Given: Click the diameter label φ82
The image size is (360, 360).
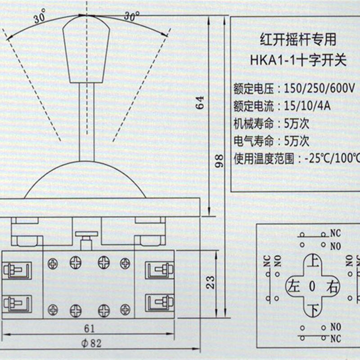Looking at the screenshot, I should [x=92, y=343].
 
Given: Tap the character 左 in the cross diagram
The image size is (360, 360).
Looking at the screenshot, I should [x=294, y=286].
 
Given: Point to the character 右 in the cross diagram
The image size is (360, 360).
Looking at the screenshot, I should [x=333, y=286].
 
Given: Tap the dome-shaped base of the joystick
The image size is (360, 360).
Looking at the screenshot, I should [x=85, y=182].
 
